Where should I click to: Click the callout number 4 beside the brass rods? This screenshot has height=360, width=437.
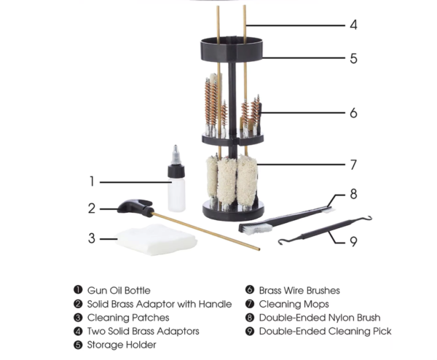[353, 25]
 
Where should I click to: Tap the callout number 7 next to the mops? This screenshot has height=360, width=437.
[353, 165]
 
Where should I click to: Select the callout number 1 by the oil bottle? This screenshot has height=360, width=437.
[92, 181]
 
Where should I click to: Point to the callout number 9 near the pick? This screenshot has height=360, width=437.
[353, 242]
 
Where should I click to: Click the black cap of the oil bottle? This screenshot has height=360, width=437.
[176, 171]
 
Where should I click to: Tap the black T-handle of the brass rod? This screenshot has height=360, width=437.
[136, 208]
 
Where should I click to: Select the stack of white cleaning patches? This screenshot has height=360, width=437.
[156, 240]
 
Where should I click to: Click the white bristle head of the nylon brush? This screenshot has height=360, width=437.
[256, 229]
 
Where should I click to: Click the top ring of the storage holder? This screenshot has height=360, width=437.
[232, 50]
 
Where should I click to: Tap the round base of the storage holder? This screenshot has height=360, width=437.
[233, 210]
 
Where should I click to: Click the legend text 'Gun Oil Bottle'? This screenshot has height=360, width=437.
[119, 291]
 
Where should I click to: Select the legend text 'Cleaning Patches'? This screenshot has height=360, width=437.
[128, 318]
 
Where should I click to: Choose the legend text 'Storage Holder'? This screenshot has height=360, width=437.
[122, 345]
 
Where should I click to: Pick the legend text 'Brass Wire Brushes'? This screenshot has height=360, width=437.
[299, 291]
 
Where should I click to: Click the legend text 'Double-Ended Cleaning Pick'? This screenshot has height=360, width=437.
[326, 332]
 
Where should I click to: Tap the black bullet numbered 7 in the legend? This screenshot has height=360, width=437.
[250, 304]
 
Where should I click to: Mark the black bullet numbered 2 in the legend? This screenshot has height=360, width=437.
[79, 304]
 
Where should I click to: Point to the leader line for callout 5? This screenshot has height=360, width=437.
[304, 58]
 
